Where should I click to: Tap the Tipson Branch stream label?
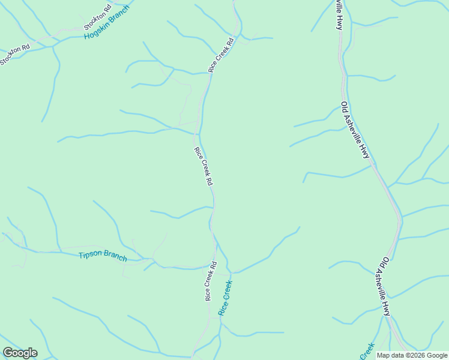(103, 256)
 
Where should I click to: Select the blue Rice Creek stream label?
(225, 298)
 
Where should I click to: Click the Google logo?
(20, 353)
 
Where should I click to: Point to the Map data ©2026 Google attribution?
(412, 355)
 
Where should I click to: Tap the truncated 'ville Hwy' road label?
(339, 14)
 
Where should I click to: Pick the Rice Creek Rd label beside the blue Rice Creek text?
(210, 281)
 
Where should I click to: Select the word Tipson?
(91, 254)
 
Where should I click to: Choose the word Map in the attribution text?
(383, 355)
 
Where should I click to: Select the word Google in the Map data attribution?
(436, 355)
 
